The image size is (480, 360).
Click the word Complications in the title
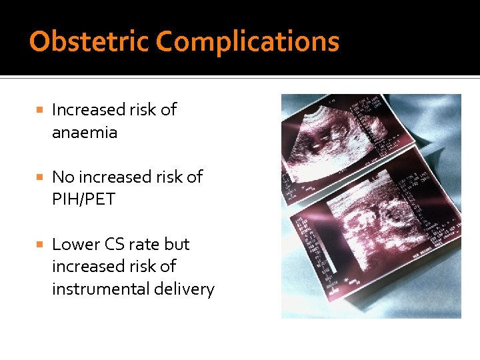[247, 42]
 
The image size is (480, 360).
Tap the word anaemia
[85, 133]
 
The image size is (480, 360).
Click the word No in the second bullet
[63, 177]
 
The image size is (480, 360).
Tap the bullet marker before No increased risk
[40, 177]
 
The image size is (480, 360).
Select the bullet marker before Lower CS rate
[40, 245]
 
